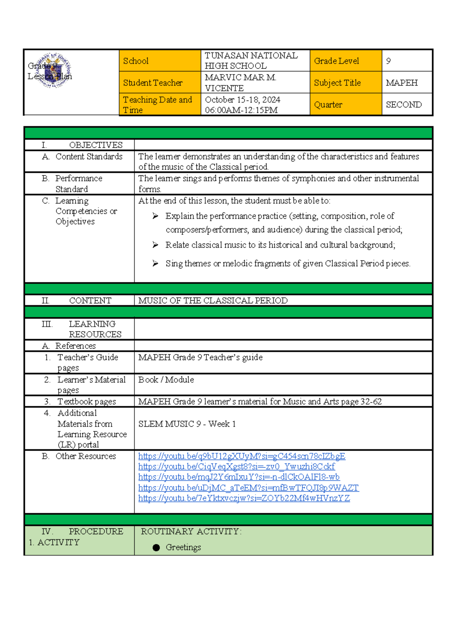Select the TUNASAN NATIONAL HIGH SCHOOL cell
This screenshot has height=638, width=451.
(x=251, y=61)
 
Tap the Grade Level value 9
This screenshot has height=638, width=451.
(x=388, y=61)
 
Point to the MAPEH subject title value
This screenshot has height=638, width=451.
(x=401, y=83)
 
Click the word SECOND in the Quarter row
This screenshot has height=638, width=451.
(x=403, y=105)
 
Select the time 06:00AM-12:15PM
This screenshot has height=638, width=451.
(x=241, y=110)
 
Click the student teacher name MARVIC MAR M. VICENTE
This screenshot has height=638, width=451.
(x=241, y=83)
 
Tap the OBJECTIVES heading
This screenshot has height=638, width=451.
(x=95, y=145)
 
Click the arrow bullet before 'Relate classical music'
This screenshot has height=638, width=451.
(x=155, y=245)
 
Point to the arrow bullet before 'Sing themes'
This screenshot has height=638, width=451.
(x=155, y=263)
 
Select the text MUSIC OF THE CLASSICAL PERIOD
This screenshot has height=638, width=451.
(x=213, y=301)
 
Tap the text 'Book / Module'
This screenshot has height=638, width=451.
(x=166, y=380)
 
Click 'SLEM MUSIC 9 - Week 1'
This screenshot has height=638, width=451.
(x=187, y=424)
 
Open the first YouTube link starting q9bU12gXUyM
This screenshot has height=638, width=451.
(x=241, y=456)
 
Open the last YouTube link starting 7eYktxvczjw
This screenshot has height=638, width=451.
(x=244, y=498)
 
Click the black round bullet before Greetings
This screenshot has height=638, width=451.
(x=156, y=548)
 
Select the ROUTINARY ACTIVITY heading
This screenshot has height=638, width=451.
(x=191, y=532)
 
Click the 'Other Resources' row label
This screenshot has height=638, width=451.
(x=85, y=456)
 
